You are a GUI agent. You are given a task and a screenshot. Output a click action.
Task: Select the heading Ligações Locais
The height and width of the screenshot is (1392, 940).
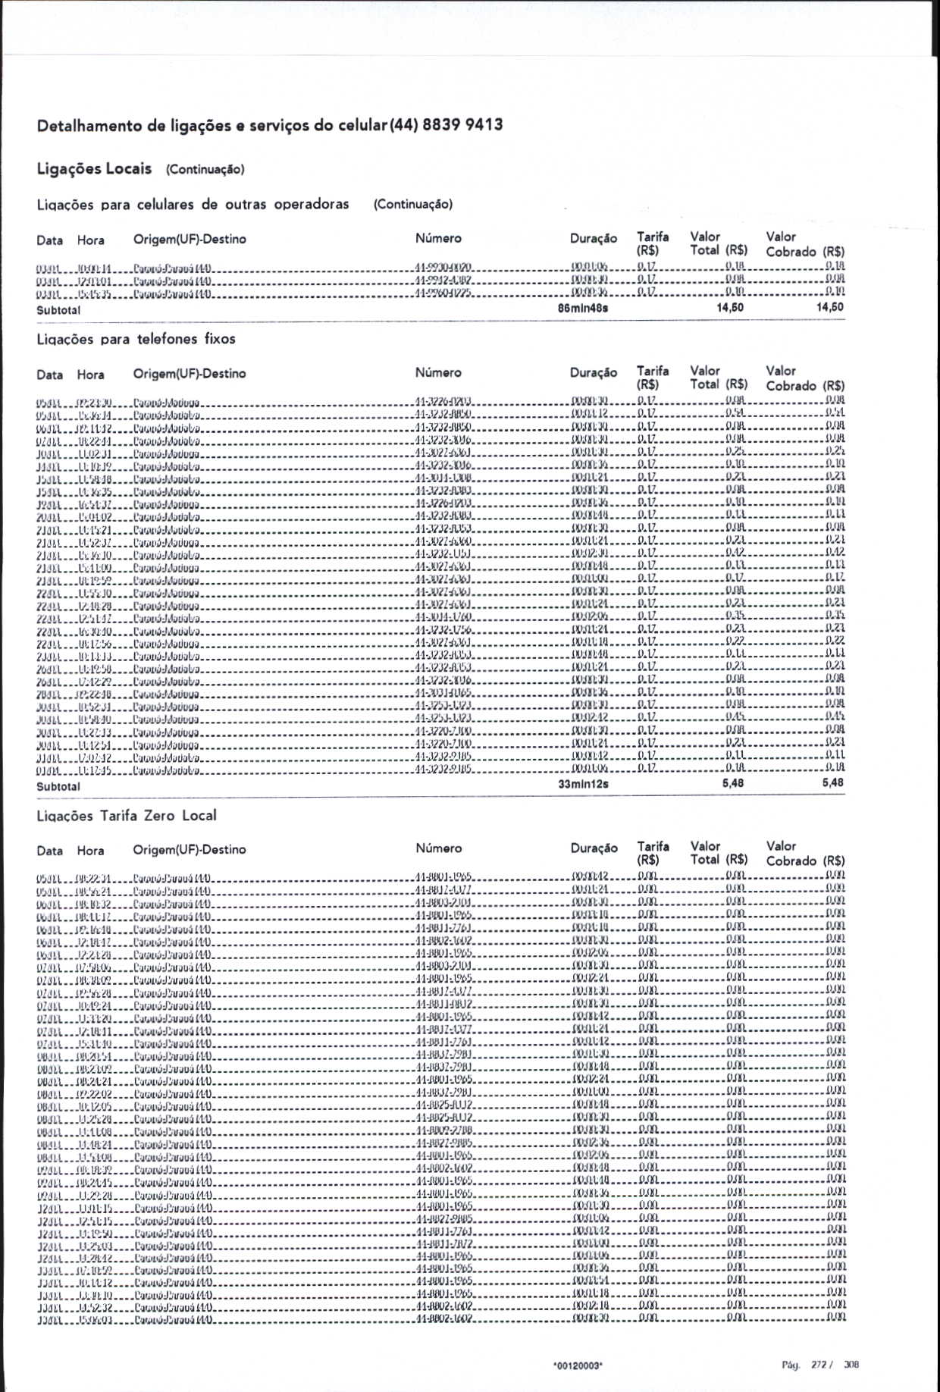coord(94,169)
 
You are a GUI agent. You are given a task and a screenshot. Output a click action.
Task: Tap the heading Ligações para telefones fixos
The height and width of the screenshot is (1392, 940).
coord(136,339)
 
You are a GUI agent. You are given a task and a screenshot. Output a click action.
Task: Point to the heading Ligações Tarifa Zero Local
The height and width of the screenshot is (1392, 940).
coord(127,816)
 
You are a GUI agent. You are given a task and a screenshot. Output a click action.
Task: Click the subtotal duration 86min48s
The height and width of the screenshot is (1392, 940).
coord(583,309)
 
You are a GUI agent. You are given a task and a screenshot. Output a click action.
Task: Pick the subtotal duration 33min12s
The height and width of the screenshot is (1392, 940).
coord(583,784)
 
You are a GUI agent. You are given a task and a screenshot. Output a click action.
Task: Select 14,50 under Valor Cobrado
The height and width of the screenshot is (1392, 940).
coord(830,307)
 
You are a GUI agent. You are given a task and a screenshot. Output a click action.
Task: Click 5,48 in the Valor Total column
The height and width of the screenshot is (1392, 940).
coord(733,782)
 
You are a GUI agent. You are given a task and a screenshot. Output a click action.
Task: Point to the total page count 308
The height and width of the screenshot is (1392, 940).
coord(851,1365)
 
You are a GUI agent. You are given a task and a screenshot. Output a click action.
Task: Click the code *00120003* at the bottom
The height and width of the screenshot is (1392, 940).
coord(578,1365)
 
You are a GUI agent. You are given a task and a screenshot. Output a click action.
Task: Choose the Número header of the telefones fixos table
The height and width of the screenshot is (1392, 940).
coord(438,372)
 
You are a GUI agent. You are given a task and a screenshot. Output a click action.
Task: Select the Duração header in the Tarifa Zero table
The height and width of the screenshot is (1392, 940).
coord(594,848)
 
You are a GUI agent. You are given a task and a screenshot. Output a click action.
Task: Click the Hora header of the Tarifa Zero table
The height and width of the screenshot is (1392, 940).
coord(90,851)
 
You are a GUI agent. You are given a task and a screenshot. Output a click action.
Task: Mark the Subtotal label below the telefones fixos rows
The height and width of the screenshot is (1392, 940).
coord(58,786)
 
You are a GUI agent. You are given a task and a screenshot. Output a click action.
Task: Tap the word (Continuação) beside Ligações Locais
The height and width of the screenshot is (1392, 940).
coord(205,170)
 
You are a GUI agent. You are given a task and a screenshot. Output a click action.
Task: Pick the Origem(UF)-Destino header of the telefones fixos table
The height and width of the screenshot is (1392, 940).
coord(190,373)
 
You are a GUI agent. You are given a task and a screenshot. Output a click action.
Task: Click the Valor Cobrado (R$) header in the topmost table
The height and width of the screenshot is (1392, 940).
coord(805,244)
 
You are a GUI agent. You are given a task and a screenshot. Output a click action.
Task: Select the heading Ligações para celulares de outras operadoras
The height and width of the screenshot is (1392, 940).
coord(193,205)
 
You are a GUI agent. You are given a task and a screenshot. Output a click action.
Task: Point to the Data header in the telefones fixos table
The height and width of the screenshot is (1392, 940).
coord(50,375)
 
